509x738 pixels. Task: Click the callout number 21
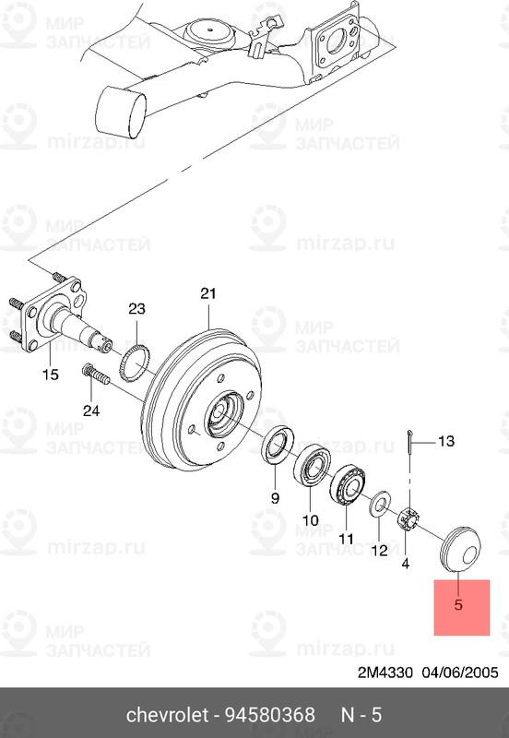pyautogui.click(x=207, y=294)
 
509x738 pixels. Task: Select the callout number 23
pyautogui.click(x=137, y=308)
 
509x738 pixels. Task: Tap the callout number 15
pyautogui.click(x=50, y=375)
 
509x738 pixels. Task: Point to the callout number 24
pyautogui.click(x=90, y=411)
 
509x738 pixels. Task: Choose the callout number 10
pyautogui.click(x=310, y=518)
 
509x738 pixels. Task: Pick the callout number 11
pyautogui.click(x=346, y=538)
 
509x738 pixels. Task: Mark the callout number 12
pyautogui.click(x=380, y=551)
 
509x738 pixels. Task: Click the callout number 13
pyautogui.click(x=445, y=441)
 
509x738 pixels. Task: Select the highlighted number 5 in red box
pyautogui.click(x=457, y=605)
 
